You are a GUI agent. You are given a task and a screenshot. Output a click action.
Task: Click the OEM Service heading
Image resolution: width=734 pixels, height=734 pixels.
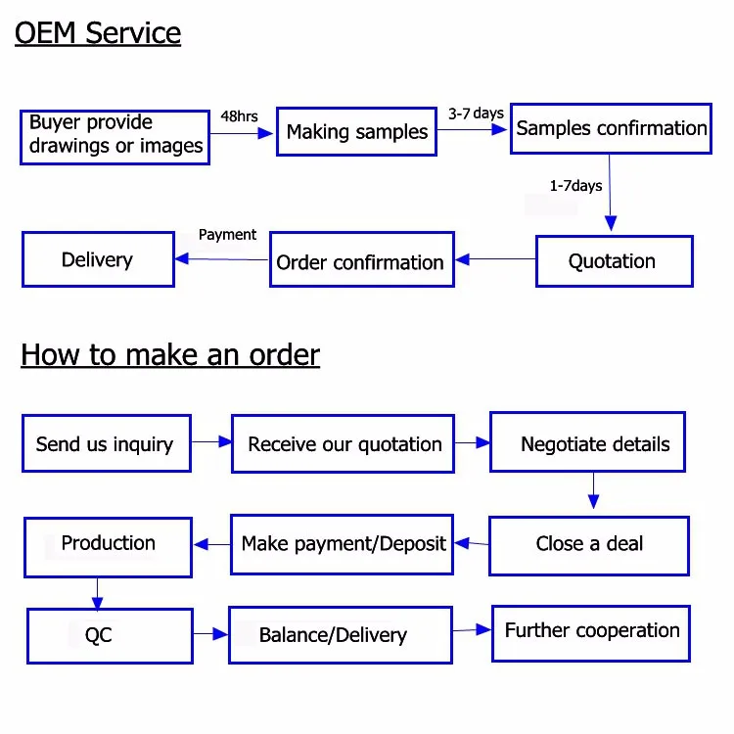pos(98,32)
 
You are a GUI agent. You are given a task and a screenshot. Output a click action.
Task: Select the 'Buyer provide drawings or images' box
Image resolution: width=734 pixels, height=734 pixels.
pos(115,135)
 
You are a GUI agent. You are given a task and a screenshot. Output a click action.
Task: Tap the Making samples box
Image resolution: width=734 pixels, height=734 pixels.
pos(356,132)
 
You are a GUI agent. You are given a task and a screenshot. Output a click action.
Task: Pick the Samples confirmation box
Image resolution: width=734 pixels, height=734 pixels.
pos(611,128)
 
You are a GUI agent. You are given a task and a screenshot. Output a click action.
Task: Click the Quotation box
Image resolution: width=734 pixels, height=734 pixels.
pos(613,261)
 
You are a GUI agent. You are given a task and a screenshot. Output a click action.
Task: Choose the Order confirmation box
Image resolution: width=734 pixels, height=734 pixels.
pos(361,260)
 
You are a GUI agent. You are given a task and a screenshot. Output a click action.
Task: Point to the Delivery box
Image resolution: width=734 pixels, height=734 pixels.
pos(98,259)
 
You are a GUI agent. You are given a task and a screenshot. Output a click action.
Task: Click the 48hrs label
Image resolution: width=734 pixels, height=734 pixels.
pos(239,116)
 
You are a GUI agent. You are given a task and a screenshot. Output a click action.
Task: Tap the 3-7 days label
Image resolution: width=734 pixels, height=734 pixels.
pos(476,114)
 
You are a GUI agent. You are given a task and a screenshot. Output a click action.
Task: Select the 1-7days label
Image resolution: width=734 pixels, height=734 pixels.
pos(575,185)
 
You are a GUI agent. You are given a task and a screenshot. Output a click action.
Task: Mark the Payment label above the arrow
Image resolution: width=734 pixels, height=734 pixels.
pos(227,235)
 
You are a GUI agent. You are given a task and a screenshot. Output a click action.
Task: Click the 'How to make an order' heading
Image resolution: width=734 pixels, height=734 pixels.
pos(170,354)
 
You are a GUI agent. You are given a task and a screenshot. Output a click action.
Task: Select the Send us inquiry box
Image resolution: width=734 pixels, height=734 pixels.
pos(106,443)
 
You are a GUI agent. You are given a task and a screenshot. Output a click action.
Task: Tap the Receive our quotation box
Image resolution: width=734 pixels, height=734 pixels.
pos(344,444)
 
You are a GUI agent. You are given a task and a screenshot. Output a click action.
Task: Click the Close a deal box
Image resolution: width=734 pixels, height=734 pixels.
pos(588,544)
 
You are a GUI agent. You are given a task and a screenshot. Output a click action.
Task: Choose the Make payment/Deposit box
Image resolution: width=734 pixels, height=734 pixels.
pos(343,544)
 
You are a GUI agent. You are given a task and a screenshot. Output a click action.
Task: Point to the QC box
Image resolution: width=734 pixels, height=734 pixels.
pos(98,635)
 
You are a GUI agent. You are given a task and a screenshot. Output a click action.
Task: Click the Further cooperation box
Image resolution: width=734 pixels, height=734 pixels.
pos(591,632)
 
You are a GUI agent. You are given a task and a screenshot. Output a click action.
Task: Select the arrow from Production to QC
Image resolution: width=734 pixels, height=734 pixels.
pos(97,592)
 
